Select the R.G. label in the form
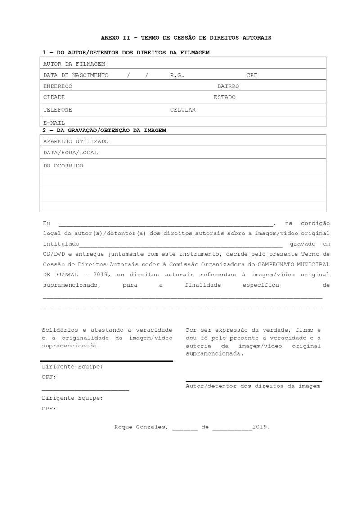(177, 75)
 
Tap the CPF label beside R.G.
(252, 75)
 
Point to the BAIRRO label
(228, 86)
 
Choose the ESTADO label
(224, 97)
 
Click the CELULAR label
(183, 110)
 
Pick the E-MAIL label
(54, 122)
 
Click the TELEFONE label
(58, 110)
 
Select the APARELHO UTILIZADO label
(76, 141)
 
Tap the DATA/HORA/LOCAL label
(70, 153)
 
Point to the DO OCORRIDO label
(63, 166)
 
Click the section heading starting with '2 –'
(104, 131)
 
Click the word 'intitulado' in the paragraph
(61, 244)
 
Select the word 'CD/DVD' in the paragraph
(54, 254)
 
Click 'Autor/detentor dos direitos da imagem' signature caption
(253, 386)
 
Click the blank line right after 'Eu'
(165, 224)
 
